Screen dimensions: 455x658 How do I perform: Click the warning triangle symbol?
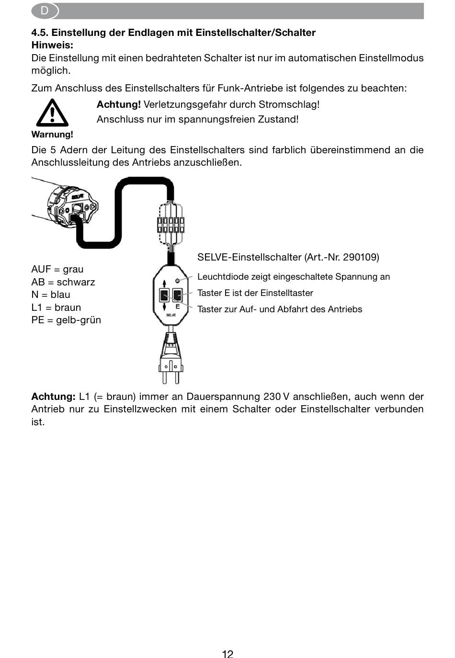pyautogui.click(x=52, y=113)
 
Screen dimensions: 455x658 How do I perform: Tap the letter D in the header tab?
pyautogui.click(x=44, y=11)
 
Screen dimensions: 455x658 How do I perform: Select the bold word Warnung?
pyautogui.click(x=52, y=135)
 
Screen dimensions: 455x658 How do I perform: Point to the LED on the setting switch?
pyautogui.click(x=177, y=281)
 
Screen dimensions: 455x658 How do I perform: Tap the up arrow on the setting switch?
pyautogui.click(x=164, y=284)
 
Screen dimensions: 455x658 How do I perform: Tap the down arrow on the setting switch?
pyautogui.click(x=164, y=307)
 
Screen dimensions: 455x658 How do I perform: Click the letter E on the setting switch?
pyautogui.click(x=177, y=306)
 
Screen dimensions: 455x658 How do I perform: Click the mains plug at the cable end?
pyautogui.click(x=171, y=358)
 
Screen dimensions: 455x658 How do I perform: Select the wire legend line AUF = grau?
pyautogui.click(x=57, y=269)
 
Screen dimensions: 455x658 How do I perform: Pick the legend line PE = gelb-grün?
pyautogui.click(x=66, y=319)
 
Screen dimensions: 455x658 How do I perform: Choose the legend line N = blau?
pyautogui.click(x=51, y=295)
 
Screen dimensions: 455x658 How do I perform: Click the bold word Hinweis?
pyautogui.click(x=52, y=45)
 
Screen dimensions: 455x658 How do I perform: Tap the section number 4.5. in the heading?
pyautogui.click(x=40, y=33)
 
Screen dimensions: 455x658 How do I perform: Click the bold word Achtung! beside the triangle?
pyautogui.click(x=119, y=104)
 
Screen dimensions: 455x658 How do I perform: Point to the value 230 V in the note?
pyautogui.click(x=276, y=397)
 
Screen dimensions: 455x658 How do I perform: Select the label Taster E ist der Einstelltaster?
pyautogui.click(x=255, y=293)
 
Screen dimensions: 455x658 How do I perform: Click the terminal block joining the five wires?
pyautogui.click(x=171, y=225)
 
